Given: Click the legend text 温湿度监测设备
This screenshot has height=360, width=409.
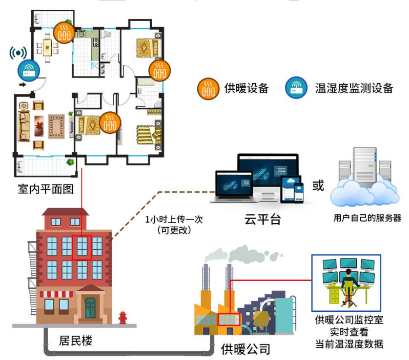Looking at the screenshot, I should coord(354,88).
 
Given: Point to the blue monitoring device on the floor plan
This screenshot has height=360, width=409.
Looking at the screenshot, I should coord(27,70).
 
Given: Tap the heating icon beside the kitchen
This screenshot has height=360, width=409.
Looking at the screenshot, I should coord(65,31).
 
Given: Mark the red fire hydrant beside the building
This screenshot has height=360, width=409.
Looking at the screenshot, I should coord(122,317).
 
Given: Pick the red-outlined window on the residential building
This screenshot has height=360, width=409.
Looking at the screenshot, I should coord(81,248).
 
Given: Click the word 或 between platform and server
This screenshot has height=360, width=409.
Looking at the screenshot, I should coord(318,186).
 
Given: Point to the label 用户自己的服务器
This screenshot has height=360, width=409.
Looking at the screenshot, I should coord(367,218).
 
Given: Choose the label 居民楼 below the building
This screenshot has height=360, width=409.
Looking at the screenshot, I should coord(76,340).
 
